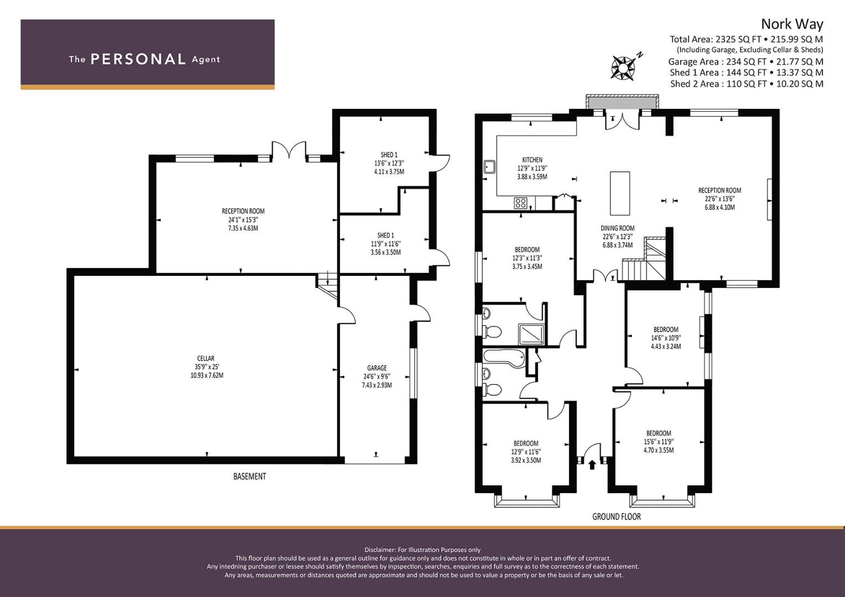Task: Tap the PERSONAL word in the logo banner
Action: point(138,59)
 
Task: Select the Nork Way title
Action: point(792,24)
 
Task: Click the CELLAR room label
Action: point(206,358)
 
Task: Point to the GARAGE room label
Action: point(377,368)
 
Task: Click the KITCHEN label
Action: point(533,160)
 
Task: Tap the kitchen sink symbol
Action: point(489,167)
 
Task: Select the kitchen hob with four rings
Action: point(520,203)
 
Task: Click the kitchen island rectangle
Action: point(620,193)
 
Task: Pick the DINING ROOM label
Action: point(618,228)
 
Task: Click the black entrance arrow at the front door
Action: point(592,465)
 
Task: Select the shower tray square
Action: point(531,334)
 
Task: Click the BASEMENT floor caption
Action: point(250,476)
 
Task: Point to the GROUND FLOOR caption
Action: point(617,517)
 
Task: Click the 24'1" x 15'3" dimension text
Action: point(243,220)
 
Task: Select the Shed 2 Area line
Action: point(747,83)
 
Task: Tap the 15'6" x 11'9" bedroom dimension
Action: point(659,442)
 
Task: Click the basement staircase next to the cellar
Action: point(327,285)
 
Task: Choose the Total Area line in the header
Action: point(746,39)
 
